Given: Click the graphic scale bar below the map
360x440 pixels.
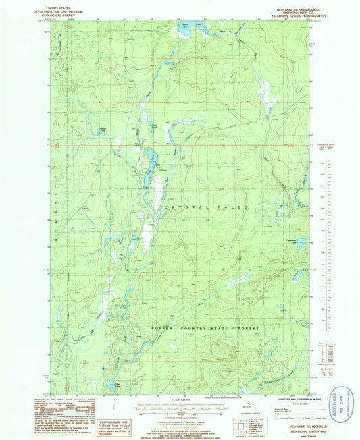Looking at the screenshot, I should point(180,407).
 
